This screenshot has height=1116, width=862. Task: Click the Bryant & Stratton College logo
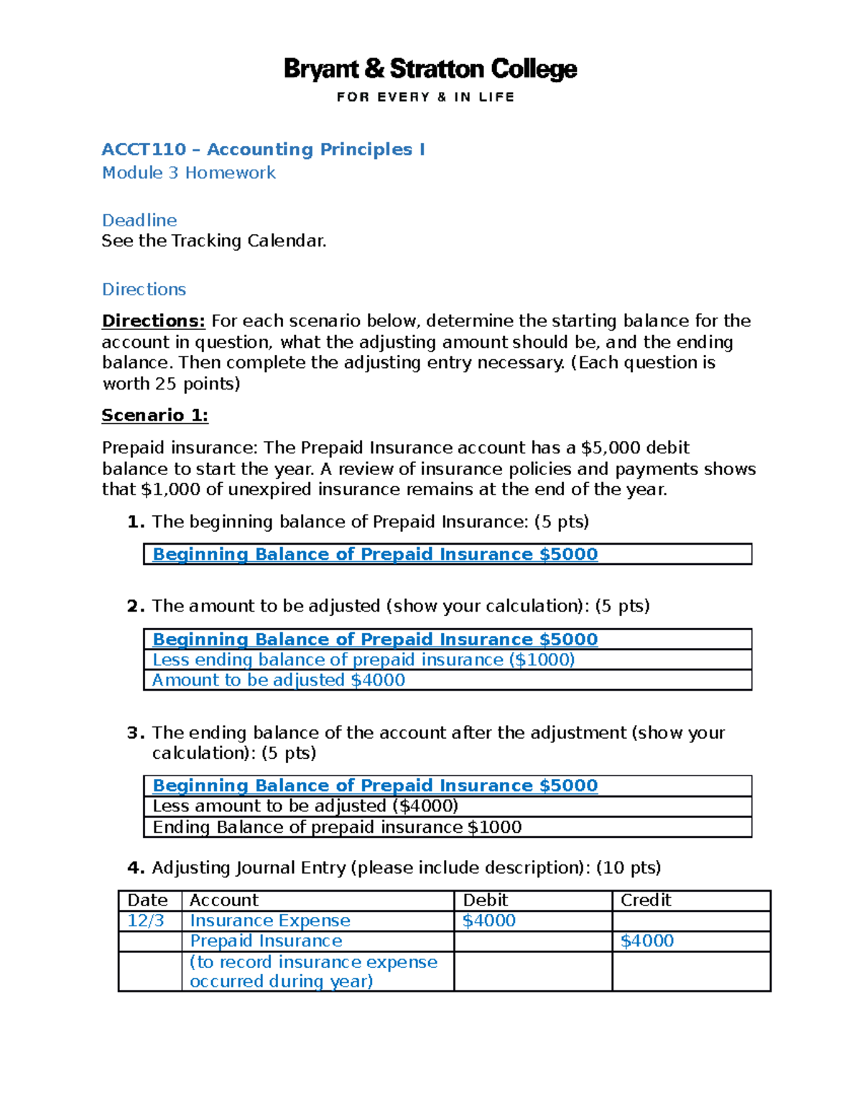(x=430, y=69)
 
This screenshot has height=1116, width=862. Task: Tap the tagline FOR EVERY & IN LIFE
(x=425, y=97)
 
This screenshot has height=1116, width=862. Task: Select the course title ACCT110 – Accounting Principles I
(x=263, y=149)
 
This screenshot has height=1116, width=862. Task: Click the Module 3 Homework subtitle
(x=188, y=173)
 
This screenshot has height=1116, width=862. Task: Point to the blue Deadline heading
(x=139, y=220)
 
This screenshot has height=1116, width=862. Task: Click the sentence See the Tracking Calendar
(x=213, y=241)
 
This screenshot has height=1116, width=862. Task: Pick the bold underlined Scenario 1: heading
(x=154, y=415)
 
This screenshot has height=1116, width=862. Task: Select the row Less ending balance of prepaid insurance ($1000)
(x=363, y=660)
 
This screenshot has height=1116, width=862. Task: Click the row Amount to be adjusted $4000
(x=278, y=680)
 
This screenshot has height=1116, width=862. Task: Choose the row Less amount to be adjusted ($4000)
(x=305, y=806)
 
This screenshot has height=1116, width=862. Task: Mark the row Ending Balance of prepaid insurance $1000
(x=337, y=827)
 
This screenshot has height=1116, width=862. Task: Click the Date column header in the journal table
(x=147, y=900)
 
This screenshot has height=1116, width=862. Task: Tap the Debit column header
(x=485, y=900)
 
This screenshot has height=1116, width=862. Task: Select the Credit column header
(x=645, y=900)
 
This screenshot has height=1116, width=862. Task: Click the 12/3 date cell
(x=146, y=921)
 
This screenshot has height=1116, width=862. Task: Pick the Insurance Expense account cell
(x=269, y=921)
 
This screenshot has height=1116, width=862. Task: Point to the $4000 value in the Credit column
(x=646, y=941)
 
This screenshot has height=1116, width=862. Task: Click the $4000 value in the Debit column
(x=488, y=921)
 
